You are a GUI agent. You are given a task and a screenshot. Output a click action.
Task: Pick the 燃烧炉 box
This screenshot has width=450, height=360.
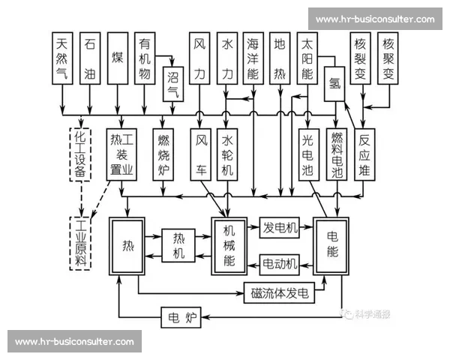coord(164,154)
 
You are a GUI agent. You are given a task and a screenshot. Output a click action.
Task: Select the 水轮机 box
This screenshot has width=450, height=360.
coord(227,154)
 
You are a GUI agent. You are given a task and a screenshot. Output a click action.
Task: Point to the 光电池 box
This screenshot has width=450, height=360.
coord(308,154)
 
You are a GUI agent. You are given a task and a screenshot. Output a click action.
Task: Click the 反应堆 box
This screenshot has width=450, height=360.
coord(364,154)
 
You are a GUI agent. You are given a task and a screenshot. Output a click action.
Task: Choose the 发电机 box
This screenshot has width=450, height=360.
coord(280,228)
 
